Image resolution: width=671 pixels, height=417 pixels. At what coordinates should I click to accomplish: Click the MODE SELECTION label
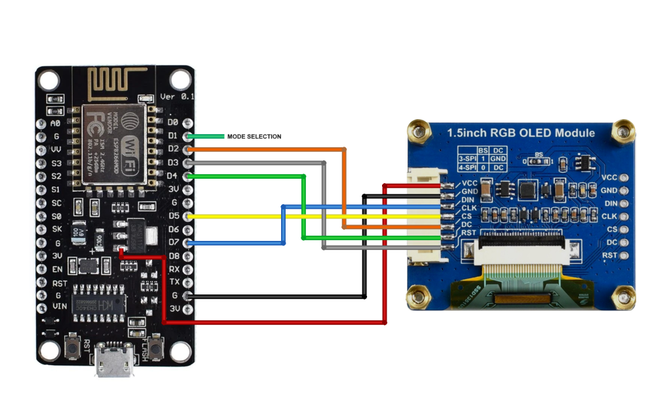pyautogui.click(x=254, y=137)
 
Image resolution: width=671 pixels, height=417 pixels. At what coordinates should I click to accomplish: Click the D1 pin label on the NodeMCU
pyautogui.click(x=173, y=136)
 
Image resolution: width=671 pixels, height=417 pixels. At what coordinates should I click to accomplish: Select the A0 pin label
pyautogui.click(x=56, y=122)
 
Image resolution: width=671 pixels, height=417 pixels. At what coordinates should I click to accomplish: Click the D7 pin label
pyautogui.click(x=173, y=243)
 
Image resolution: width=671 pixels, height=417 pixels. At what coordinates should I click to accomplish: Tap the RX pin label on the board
pyautogui.click(x=174, y=269)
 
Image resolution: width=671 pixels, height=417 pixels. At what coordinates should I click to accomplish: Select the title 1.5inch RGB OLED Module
pyautogui.click(x=521, y=132)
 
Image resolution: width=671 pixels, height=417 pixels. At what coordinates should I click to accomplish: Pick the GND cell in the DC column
pyautogui.click(x=499, y=159)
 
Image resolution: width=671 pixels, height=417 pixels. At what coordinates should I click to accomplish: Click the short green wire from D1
pyautogui.click(x=206, y=136)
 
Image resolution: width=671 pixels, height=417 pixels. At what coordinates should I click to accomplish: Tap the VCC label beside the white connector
pyautogui.click(x=469, y=183)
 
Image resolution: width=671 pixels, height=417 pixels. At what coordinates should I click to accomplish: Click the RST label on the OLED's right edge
pyautogui.click(x=609, y=255)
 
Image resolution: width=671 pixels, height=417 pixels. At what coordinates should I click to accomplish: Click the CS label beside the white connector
pyautogui.click(x=467, y=216)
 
